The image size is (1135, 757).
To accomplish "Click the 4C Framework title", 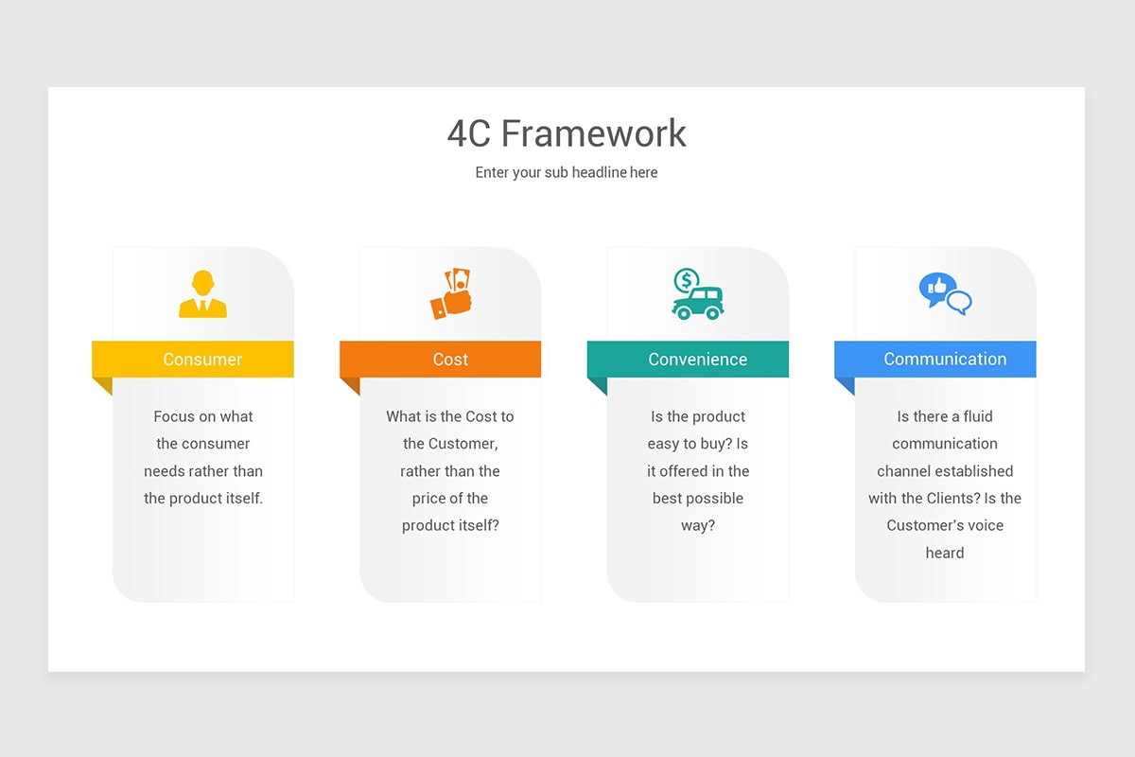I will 567,133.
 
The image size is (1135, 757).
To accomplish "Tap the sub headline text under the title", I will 567,172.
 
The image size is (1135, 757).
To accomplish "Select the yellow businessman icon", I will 202,294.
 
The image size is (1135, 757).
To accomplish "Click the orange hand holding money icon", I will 451,294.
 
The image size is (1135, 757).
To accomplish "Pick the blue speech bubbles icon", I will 945,293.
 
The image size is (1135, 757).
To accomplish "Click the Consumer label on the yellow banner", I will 202,360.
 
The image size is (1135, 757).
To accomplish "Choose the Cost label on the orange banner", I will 450,360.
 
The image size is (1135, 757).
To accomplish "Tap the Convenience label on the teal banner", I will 698,360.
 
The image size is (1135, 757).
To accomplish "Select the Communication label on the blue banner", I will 945,360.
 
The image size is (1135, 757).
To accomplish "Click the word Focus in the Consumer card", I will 175,416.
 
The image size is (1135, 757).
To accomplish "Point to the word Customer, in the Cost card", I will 463,444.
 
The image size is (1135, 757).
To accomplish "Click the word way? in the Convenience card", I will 698,526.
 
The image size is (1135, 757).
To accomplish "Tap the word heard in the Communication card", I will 945,554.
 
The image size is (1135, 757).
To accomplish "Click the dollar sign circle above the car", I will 687,280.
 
